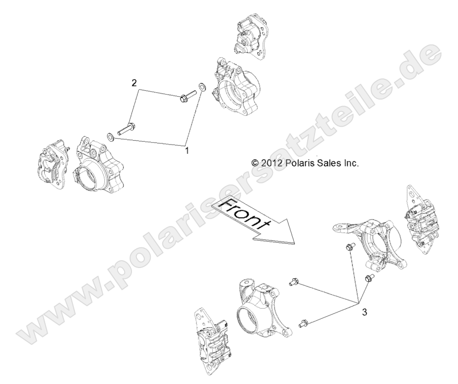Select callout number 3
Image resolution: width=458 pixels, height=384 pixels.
point(365,312)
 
